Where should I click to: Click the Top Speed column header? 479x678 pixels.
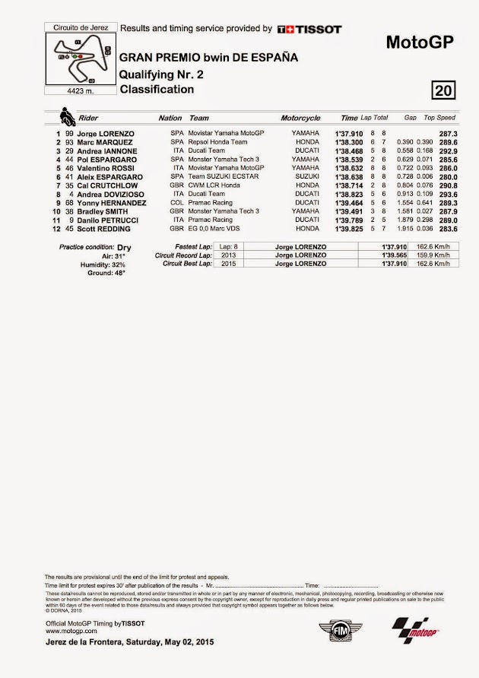[x=439, y=118]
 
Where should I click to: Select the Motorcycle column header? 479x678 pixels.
[x=300, y=118]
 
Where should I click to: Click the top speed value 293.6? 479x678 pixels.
[x=446, y=194]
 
